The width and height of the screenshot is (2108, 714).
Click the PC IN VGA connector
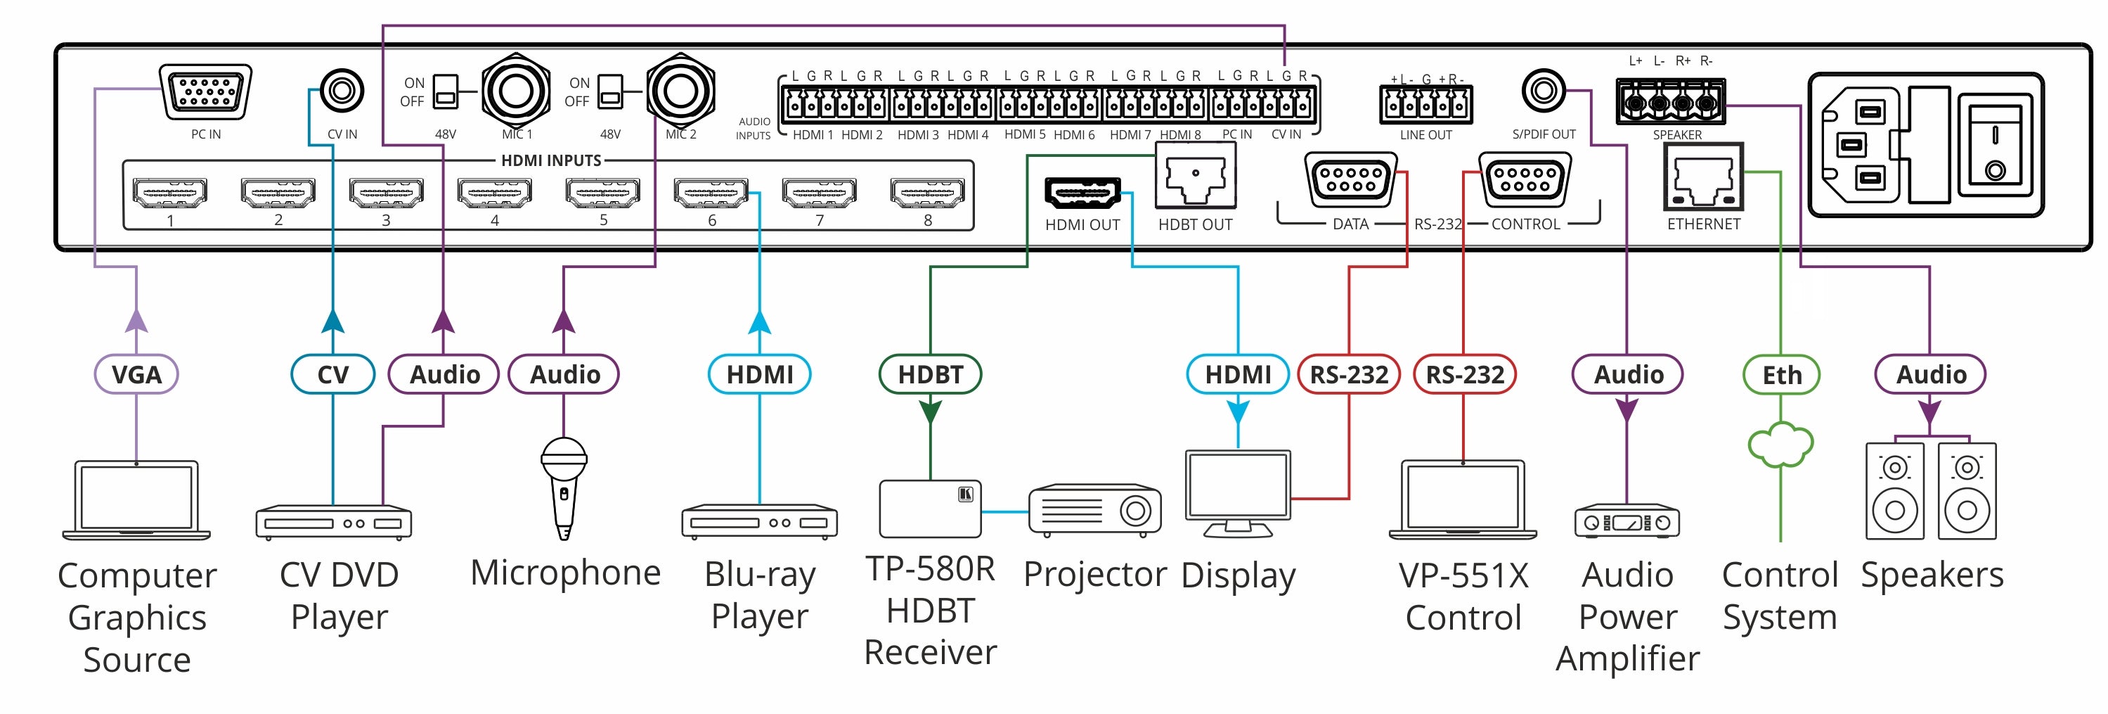(205, 91)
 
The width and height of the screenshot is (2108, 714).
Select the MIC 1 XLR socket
(515, 90)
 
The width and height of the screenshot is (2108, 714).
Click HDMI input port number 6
(711, 193)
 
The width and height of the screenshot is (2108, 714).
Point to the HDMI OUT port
(1082, 193)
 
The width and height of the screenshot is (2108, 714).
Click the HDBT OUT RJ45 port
(1195, 177)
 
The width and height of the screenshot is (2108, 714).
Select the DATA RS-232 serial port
(1350, 179)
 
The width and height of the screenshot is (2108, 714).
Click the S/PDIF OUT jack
(1544, 90)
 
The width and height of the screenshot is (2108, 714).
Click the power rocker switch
(1994, 150)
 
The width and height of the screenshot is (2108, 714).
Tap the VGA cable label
(136, 374)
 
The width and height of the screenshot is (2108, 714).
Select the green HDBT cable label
(930, 374)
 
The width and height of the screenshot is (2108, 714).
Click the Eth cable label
(1780, 375)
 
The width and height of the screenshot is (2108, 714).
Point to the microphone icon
(564, 487)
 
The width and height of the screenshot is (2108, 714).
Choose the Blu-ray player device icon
(759, 521)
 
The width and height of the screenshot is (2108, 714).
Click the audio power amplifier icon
(1627, 521)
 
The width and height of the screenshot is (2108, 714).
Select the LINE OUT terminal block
(1425, 105)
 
